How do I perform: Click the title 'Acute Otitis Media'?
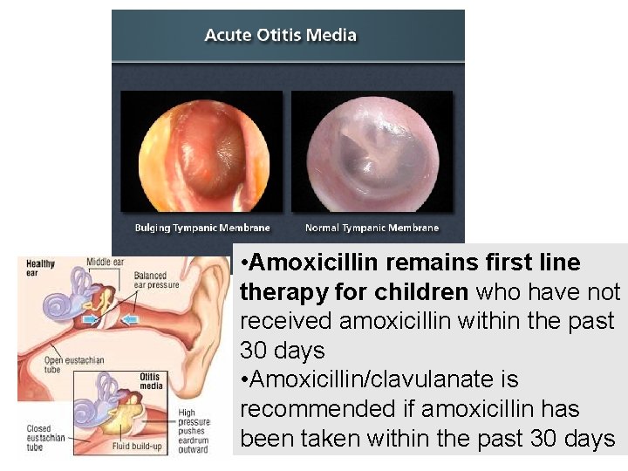pyautogui.click(x=280, y=36)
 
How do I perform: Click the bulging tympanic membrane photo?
pyautogui.click(x=201, y=151)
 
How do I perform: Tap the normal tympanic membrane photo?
pyautogui.click(x=372, y=151)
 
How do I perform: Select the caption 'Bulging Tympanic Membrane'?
pyautogui.click(x=202, y=228)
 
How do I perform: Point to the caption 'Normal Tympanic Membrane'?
pyautogui.click(x=372, y=228)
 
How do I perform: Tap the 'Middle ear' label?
pyautogui.click(x=106, y=262)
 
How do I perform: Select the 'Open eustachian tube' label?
pyautogui.click(x=50, y=365)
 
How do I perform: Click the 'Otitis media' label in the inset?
pyautogui.click(x=153, y=382)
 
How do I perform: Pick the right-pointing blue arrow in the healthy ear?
pyautogui.click(x=90, y=320)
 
